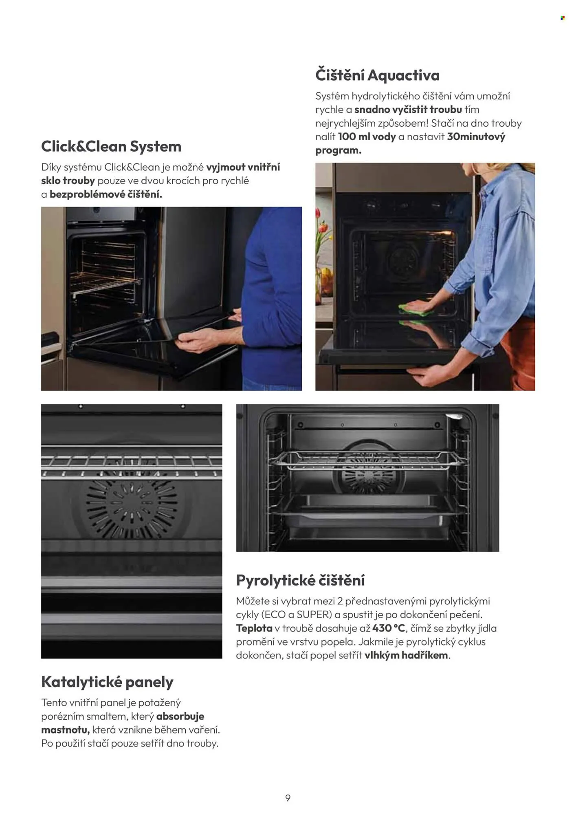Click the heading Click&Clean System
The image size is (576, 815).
[x=111, y=146]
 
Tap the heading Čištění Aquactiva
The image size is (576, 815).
[x=377, y=75]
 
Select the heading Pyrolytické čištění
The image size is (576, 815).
[x=300, y=580]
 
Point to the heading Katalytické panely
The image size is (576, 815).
[x=107, y=682]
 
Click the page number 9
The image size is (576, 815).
[x=288, y=798]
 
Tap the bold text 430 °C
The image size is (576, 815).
[x=389, y=628]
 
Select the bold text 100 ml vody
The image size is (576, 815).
[x=367, y=137]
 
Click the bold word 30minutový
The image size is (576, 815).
[x=476, y=137]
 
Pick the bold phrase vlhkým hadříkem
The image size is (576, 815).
[x=406, y=655]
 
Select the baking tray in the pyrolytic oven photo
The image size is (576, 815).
[x=367, y=510]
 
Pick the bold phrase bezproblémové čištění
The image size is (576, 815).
[x=106, y=194]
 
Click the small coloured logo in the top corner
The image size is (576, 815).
[x=563, y=18]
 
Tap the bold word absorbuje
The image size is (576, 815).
[x=180, y=716]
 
